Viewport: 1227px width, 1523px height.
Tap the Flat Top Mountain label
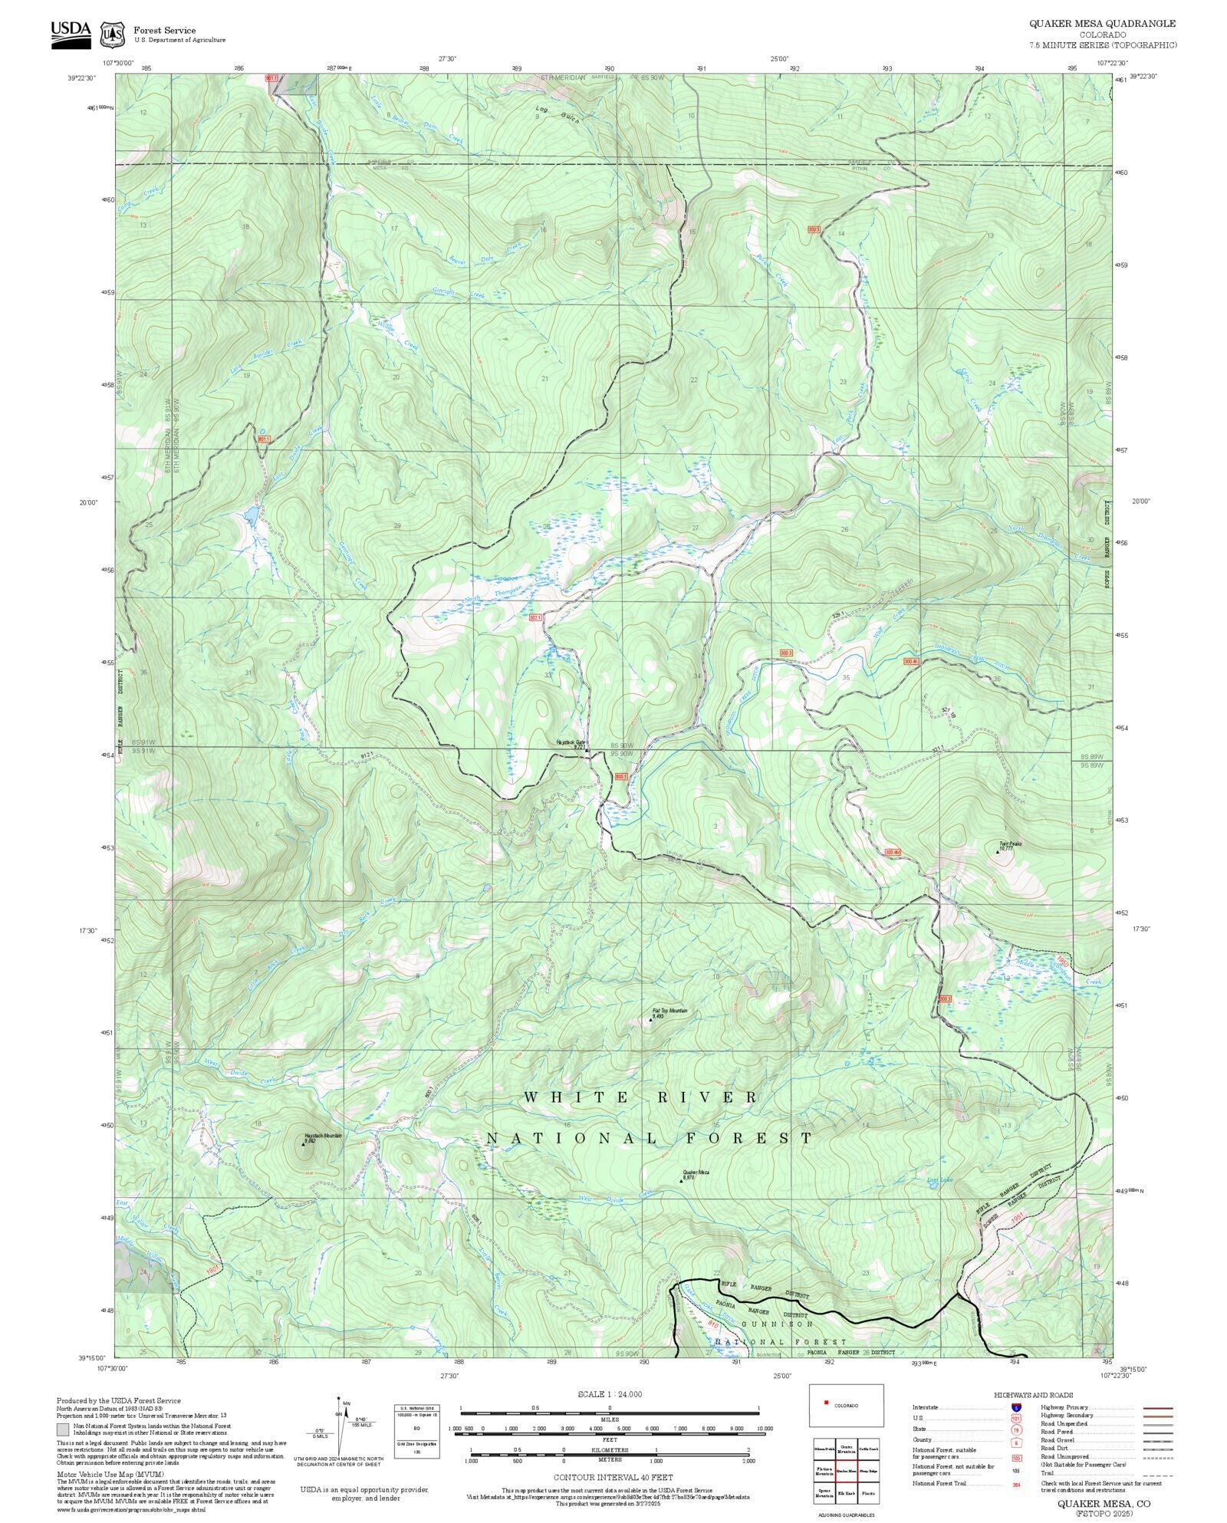(x=669, y=1011)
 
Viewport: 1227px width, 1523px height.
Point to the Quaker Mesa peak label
(x=696, y=1173)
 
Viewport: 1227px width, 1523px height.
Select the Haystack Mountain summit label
(x=322, y=1136)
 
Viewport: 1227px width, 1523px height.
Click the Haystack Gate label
(x=571, y=742)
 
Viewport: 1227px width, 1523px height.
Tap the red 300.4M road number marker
(x=892, y=852)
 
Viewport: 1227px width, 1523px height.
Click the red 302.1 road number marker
(x=535, y=617)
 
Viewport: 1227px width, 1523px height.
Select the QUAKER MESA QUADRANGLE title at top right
(x=1102, y=24)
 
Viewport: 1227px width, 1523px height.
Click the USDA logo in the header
(x=71, y=35)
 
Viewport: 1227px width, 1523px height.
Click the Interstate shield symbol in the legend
(x=1017, y=1407)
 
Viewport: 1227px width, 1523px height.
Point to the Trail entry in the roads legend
(x=1045, y=1472)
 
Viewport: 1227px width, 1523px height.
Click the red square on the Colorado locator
(x=826, y=1403)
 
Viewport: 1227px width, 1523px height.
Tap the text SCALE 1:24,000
(x=610, y=1394)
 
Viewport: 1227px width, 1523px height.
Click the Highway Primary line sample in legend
(x=1157, y=1408)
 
